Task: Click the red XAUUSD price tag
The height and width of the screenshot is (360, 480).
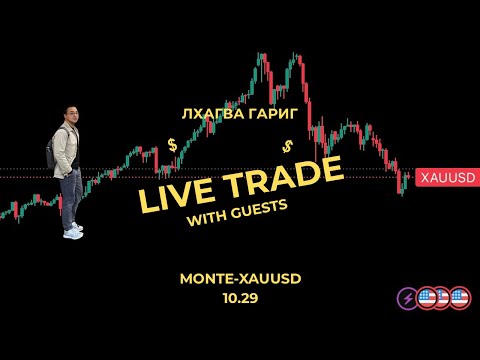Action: [x=446, y=176]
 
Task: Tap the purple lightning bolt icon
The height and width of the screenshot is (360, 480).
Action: [x=408, y=299]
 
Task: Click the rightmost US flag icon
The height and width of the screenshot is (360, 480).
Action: [x=459, y=299]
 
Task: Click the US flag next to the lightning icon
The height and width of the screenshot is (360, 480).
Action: [x=426, y=299]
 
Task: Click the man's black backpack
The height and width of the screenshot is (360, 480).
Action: [x=54, y=150]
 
